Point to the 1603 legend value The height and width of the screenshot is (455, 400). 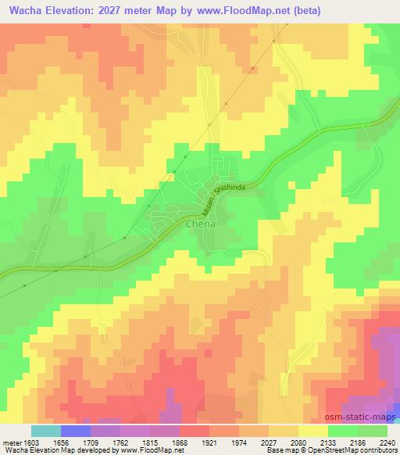(x=29, y=442)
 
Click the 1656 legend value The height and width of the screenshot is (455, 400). (x=62, y=442)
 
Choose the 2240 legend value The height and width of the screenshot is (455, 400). (x=387, y=442)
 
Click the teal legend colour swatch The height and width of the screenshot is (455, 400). (x=45, y=431)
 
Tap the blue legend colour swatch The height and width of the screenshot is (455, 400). (x=75, y=431)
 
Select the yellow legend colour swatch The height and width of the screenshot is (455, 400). (x=313, y=431)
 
